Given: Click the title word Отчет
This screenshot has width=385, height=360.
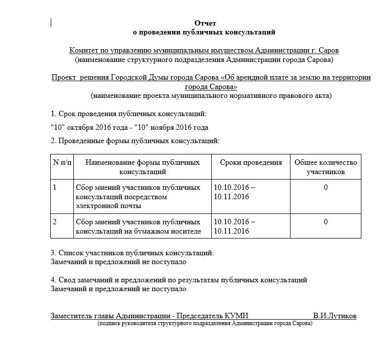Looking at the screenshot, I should pos(205,23).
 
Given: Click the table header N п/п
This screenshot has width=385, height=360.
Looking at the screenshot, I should pos(62,163).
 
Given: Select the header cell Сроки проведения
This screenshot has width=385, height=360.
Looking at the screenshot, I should pos(251,163).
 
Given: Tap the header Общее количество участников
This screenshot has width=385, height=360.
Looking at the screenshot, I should pos(325,167).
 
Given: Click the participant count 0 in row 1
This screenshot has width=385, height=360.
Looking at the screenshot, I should pos(325,188).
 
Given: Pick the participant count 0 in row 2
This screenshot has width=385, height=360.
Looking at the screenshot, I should pos(325,222).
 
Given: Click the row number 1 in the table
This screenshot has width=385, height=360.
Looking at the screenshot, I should pos(55,188).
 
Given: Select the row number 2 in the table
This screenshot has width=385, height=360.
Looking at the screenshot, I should pos(55,222).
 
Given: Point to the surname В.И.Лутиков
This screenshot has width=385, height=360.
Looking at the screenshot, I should pos(334,316).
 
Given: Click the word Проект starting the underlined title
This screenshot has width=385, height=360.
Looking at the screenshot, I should pos(64,78).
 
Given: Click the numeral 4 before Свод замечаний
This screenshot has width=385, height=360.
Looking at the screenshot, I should pos(53,280).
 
